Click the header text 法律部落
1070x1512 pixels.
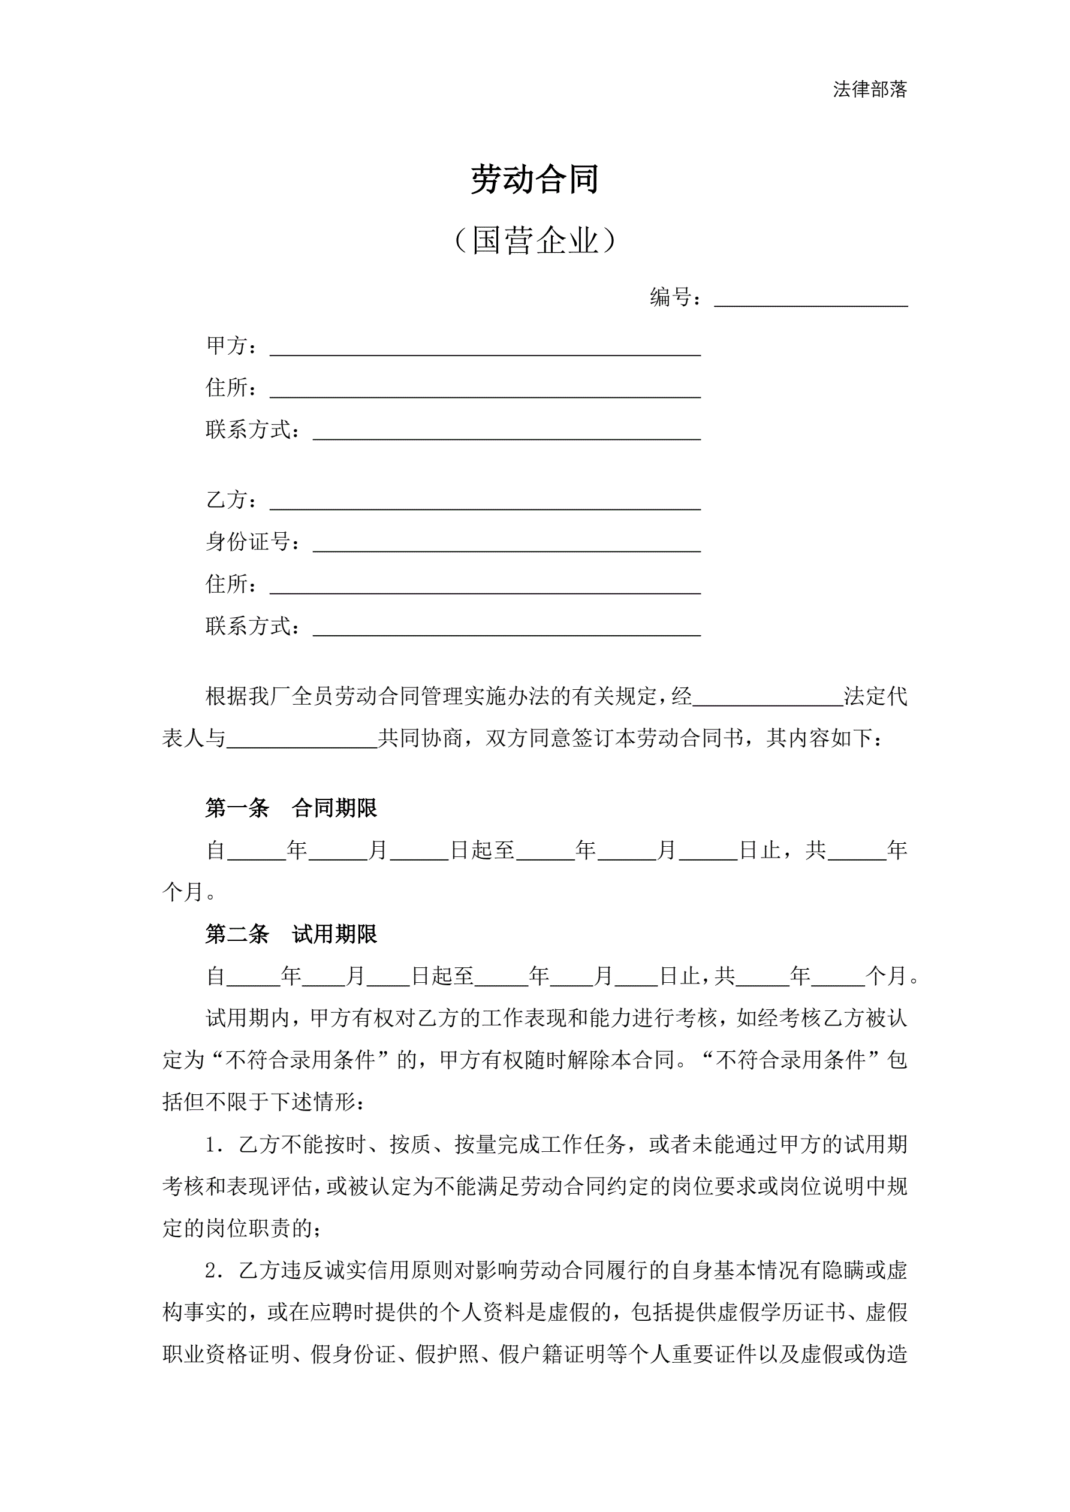click(x=870, y=89)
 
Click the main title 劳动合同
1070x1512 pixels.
click(x=534, y=179)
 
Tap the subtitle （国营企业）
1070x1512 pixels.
click(x=534, y=240)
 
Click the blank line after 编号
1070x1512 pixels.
click(x=810, y=300)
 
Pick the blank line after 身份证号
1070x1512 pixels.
click(x=506, y=544)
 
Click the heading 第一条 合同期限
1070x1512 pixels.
click(x=291, y=808)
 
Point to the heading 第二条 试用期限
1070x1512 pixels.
click(x=291, y=934)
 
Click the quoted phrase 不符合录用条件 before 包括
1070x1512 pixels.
click(x=791, y=1060)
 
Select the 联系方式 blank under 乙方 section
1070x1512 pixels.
click(x=506, y=628)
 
